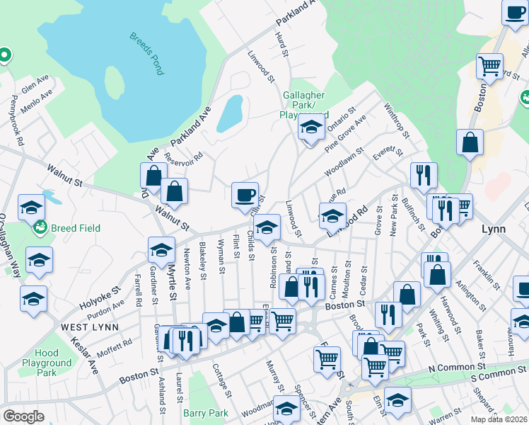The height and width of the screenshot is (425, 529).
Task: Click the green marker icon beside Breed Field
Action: [41, 228]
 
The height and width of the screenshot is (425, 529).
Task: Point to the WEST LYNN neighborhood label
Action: [89, 327]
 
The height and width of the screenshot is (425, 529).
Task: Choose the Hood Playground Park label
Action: [47, 363]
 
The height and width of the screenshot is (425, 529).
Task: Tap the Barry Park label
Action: [206, 413]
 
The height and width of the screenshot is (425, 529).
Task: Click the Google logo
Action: [23, 416]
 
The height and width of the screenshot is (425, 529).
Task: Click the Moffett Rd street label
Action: [117, 345]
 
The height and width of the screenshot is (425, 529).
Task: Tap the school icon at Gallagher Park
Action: [310, 127]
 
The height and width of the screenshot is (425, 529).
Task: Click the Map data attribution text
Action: [499, 419]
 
